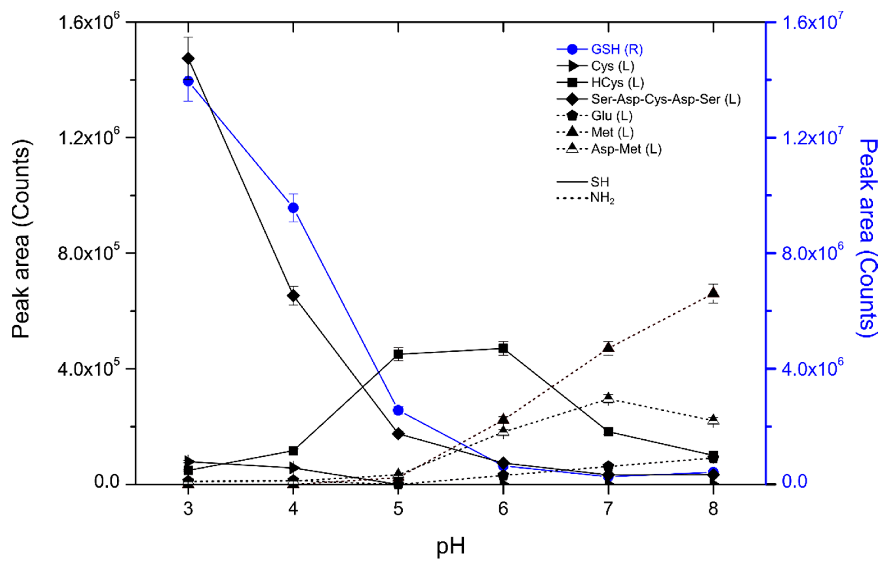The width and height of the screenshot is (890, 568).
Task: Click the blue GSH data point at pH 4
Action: pos(293,208)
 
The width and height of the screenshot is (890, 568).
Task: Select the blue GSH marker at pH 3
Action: pos(189,81)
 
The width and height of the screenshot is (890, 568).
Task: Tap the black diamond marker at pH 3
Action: pos(189,59)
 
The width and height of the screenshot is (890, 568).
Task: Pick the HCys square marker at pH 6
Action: pos(503,348)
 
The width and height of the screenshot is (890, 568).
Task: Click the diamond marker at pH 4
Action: pos(293,296)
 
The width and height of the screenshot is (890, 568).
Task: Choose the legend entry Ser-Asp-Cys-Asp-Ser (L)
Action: pos(665,99)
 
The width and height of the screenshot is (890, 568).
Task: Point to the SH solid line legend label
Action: pos(600,182)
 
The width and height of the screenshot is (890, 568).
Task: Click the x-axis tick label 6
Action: pos(503,509)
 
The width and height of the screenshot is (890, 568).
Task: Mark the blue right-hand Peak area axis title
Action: pos(867,238)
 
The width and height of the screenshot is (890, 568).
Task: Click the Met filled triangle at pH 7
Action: pos(608,347)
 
